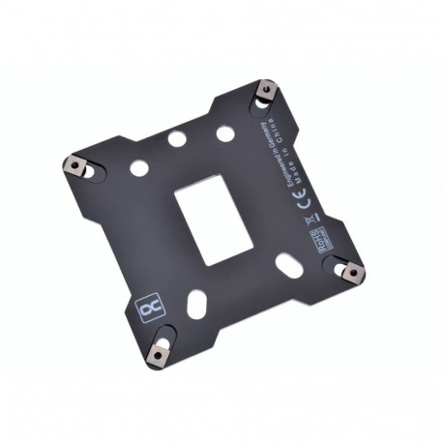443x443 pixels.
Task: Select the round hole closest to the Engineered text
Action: click(223, 132)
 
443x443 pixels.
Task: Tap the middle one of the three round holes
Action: click(177, 139)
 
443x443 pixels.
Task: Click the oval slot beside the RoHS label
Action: click(289, 262)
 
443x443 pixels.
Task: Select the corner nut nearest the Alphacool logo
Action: click(157, 352)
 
